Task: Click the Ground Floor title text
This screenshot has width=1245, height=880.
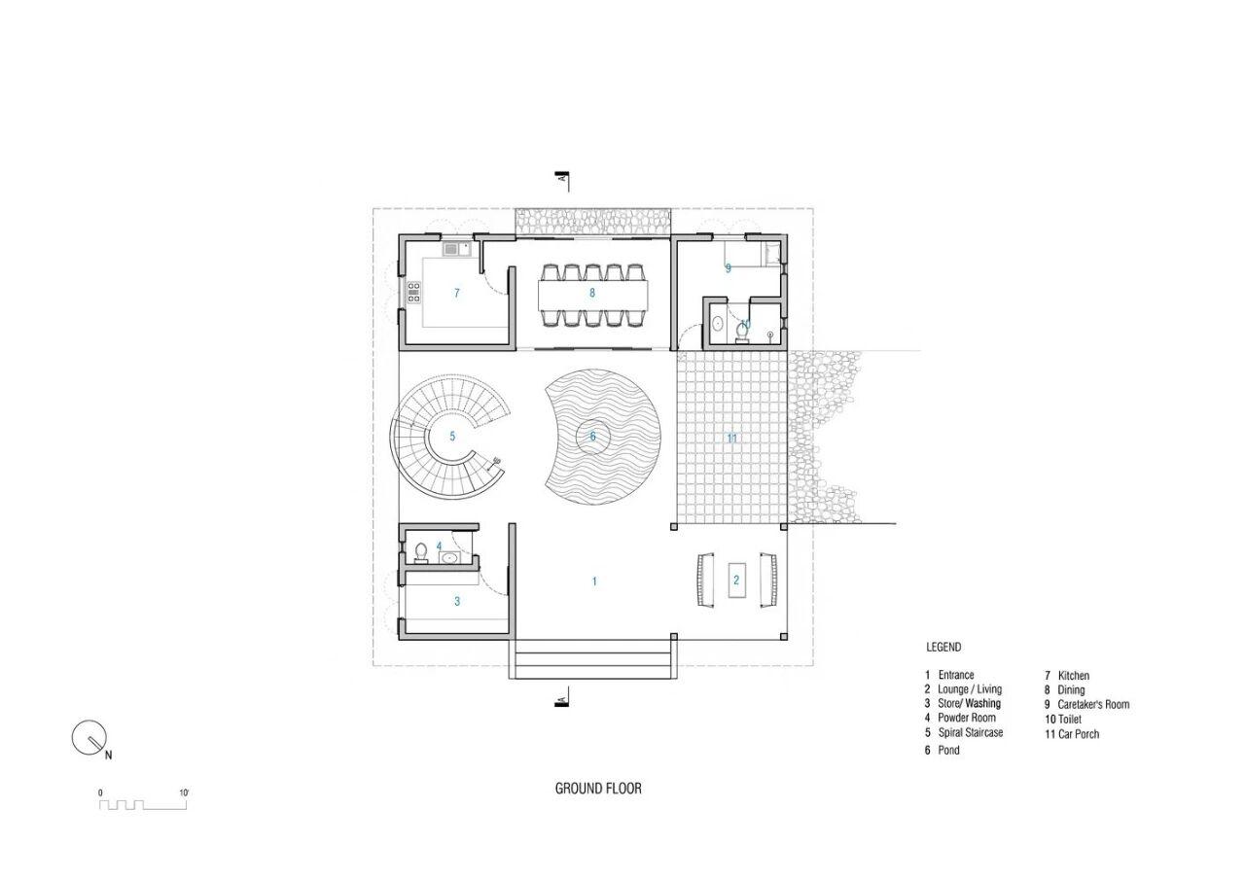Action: pyautogui.click(x=598, y=789)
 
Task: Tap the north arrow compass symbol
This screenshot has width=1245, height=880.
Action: pyautogui.click(x=89, y=738)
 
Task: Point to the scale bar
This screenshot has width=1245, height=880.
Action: pyautogui.click(x=143, y=800)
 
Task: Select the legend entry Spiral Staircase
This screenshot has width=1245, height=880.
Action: pyautogui.click(x=964, y=733)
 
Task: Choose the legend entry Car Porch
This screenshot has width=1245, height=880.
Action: pyautogui.click(x=1072, y=734)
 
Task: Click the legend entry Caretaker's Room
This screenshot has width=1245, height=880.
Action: pyautogui.click(x=1087, y=705)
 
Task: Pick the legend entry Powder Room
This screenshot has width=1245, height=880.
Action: pyautogui.click(x=960, y=718)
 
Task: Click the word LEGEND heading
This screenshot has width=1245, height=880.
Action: pyautogui.click(x=943, y=648)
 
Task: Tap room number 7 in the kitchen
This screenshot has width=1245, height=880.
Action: pyautogui.click(x=457, y=293)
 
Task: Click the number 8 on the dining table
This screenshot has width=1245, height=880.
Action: pyautogui.click(x=592, y=293)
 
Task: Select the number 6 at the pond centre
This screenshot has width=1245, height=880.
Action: pyautogui.click(x=593, y=437)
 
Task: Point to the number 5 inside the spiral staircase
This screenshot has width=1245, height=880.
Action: pyautogui.click(x=452, y=437)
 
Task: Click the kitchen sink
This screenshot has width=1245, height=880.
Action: pyautogui.click(x=457, y=249)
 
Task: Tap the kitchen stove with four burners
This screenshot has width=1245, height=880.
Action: pyautogui.click(x=414, y=293)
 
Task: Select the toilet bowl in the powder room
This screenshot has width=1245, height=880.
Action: pyautogui.click(x=421, y=553)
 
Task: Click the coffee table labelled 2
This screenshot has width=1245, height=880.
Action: pyautogui.click(x=737, y=580)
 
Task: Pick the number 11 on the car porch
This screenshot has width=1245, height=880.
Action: pyautogui.click(x=732, y=439)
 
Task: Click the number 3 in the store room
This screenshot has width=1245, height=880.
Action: pyautogui.click(x=457, y=601)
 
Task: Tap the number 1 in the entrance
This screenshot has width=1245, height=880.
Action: pyautogui.click(x=594, y=581)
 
